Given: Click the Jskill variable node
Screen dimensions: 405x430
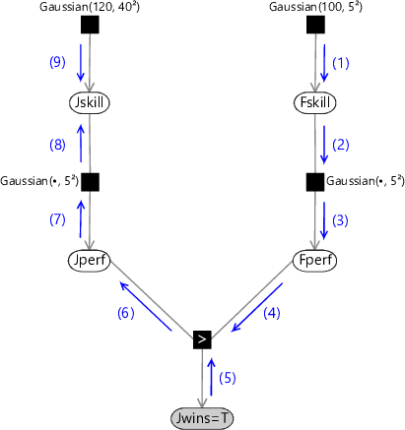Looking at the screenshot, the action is [x=90, y=102].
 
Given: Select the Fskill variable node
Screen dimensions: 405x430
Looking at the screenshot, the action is [x=315, y=102].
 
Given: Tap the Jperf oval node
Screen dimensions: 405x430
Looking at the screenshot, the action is [x=90, y=261].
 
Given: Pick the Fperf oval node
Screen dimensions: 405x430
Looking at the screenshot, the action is [x=315, y=261].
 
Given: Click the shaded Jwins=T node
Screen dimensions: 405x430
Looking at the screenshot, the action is [x=202, y=418].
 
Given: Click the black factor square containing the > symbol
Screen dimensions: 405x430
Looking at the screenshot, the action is [x=202, y=339].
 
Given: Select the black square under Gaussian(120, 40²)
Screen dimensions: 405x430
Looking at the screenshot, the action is [x=90, y=25].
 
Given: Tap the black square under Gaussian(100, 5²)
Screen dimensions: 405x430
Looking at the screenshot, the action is [x=315, y=25].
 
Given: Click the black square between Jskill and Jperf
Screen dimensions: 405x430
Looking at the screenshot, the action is [x=90, y=182].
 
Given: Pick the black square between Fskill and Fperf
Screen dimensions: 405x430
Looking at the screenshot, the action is [x=315, y=182].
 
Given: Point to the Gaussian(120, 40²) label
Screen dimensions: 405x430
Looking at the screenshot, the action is [x=90, y=7].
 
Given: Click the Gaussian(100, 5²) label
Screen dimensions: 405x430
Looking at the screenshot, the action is [x=315, y=7].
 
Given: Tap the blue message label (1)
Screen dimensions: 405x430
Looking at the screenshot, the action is [x=341, y=63].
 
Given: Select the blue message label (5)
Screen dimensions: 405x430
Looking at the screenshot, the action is [x=228, y=378].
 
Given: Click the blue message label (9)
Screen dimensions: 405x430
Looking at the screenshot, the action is [x=57, y=62].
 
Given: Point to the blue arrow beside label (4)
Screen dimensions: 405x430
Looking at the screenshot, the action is [x=257, y=307].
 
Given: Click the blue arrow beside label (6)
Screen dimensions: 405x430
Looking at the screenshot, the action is [x=146, y=306].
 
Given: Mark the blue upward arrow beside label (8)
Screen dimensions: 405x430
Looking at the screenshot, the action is [x=81, y=143].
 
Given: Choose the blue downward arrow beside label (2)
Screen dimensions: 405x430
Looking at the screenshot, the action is [x=324, y=145].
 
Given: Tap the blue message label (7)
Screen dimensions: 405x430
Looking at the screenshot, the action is [x=57, y=219].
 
